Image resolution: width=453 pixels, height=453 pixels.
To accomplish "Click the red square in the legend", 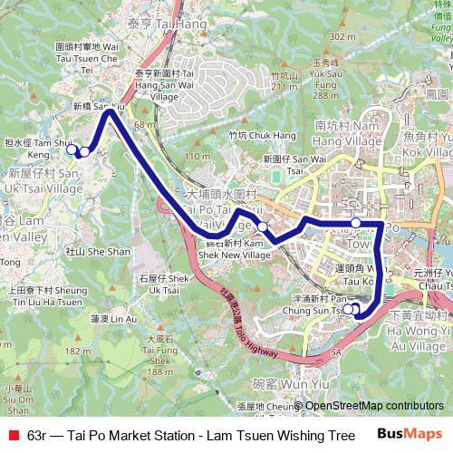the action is (12, 435).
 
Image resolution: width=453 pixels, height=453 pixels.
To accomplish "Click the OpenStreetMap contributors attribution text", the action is (374, 407).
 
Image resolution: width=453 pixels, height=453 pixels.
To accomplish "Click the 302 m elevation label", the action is (342, 36).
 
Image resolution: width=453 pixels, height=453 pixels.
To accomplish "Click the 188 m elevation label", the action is (159, 371).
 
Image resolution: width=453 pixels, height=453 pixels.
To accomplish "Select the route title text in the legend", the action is (190, 435).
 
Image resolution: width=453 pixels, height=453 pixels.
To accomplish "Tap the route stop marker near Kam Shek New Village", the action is (262, 226).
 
